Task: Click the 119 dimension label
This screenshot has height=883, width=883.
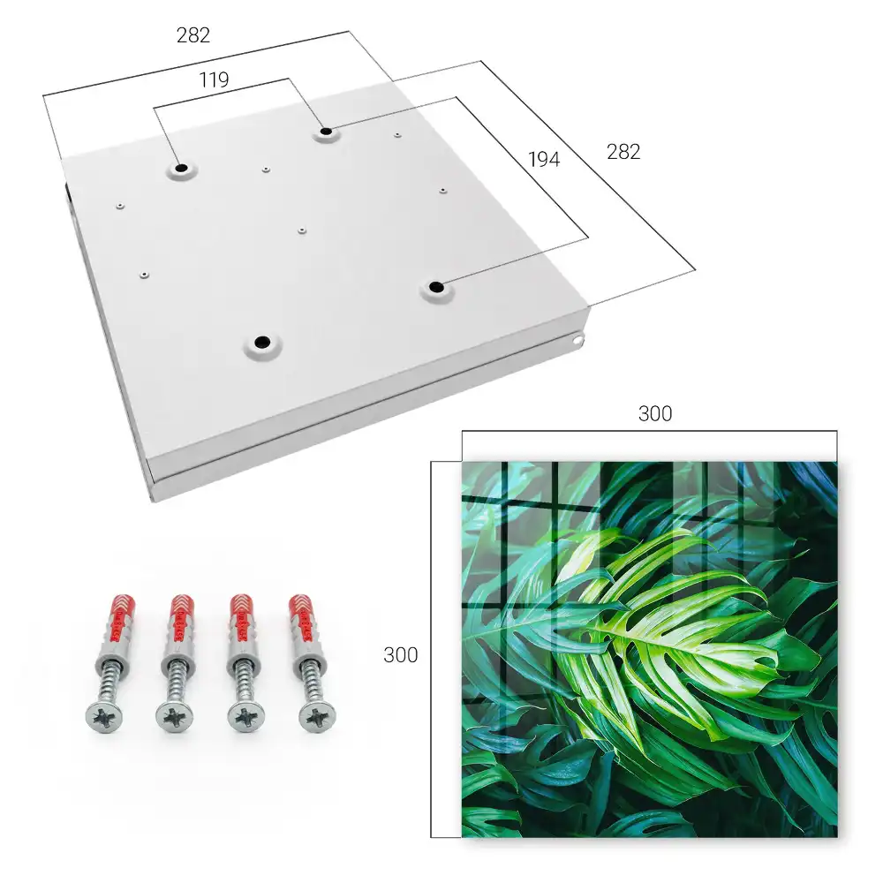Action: click(214, 80)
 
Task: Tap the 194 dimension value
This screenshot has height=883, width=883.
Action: click(544, 159)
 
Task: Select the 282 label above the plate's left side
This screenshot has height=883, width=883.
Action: click(193, 35)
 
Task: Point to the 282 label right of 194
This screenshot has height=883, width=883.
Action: click(623, 152)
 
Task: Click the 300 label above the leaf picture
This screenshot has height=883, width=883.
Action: click(655, 414)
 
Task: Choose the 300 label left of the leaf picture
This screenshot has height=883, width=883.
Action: click(400, 655)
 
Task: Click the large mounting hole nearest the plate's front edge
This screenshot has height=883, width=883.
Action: click(262, 342)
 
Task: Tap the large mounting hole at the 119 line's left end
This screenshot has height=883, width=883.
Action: click(181, 168)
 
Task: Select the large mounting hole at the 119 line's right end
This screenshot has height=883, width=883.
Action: click(326, 132)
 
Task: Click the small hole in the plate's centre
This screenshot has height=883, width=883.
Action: click(302, 230)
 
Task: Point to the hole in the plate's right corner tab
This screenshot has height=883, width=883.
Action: click(577, 340)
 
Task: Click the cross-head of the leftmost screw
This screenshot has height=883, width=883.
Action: click(104, 717)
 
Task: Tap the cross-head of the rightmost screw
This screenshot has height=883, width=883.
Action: click(317, 717)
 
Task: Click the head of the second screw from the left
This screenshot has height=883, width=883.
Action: click(175, 717)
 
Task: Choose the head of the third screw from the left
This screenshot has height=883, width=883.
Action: click(246, 717)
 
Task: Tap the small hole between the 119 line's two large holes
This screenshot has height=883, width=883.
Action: click(266, 169)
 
